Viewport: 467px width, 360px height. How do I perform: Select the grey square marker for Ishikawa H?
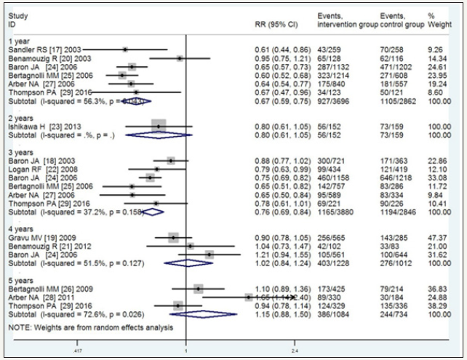tap(159, 126)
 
